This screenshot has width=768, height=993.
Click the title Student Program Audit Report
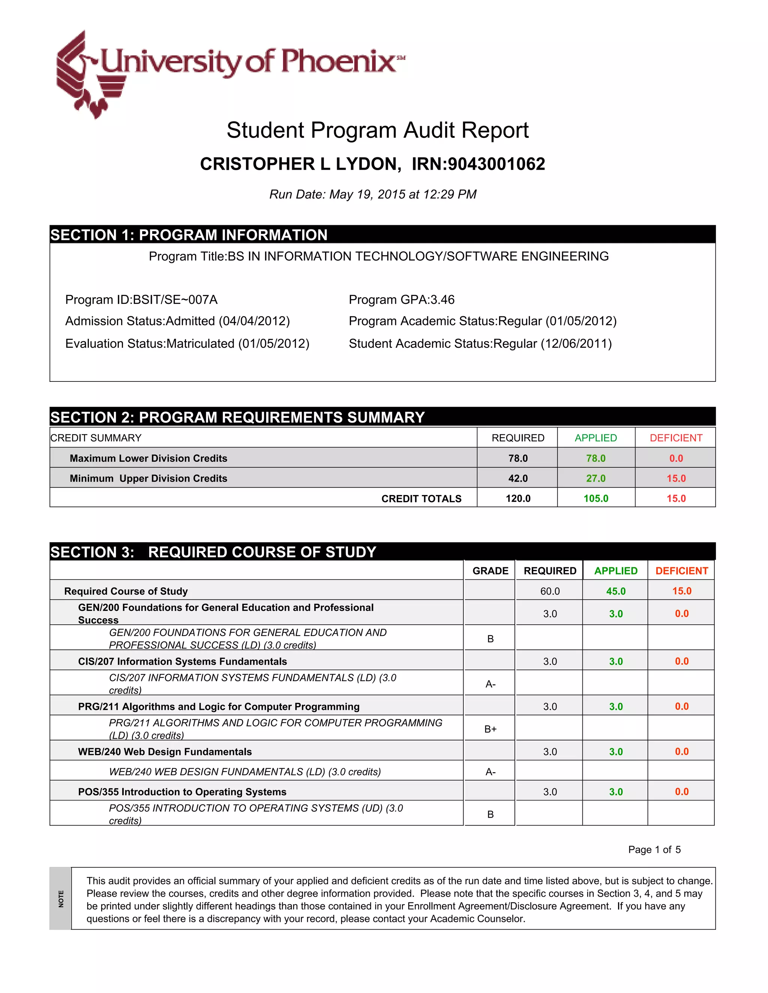pos(377,130)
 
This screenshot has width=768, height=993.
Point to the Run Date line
pos(373,194)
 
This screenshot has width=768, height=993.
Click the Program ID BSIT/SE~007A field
pos(141,300)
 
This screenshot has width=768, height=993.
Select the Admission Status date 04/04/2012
pos(254,321)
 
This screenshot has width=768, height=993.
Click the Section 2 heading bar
pos(382,417)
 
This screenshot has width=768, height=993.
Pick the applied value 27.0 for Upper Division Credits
pos(595,478)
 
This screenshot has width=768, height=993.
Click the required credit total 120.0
pos(518,498)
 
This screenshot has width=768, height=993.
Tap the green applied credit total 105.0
pos(595,498)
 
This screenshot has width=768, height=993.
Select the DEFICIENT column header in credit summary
pos(676,438)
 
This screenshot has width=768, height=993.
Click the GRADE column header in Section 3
pos(490,571)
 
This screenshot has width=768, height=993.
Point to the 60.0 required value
pos(550,591)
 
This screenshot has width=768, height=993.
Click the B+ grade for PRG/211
pos(490,729)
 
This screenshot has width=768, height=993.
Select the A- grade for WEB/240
pos(490,772)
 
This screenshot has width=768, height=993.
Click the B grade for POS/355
pos(490,814)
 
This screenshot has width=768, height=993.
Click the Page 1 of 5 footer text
pos(654,850)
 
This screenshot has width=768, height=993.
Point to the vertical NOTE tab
pos(60,899)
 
